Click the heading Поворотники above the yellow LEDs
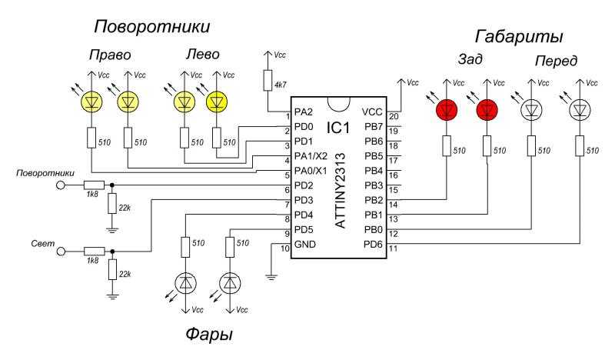tap(151, 27)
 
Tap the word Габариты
tap(519, 36)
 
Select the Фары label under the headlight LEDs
tap(209, 335)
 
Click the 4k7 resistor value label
tap(281, 85)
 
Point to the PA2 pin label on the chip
tap(304, 112)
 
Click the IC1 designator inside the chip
tap(337, 127)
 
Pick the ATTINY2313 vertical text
tap(341, 191)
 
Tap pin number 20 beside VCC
tap(393, 117)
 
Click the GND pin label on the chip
tap(304, 244)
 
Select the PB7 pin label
tap(374, 127)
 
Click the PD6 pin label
tap(373, 244)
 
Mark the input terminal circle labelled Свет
tap(61, 252)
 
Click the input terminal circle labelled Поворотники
tap(61, 185)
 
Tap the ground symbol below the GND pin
tap(271, 277)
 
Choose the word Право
tap(110, 55)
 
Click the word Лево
tap(202, 54)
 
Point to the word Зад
tap(470, 59)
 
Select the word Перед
tap(556, 61)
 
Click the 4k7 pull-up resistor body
tap(268, 81)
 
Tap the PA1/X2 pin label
tap(311, 156)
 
